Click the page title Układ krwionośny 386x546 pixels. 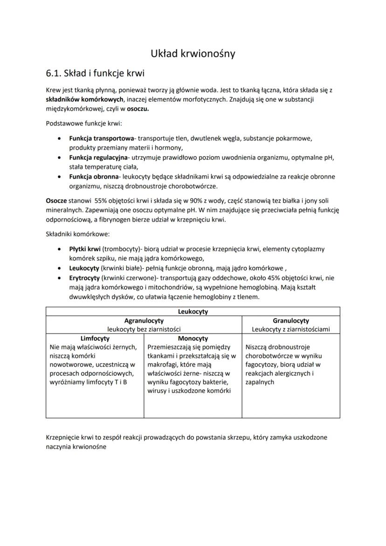193,54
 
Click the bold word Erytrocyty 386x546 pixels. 84,278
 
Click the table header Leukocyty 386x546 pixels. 193,311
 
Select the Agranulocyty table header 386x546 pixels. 144,321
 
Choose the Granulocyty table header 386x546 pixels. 290,321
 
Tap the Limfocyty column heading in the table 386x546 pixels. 95,339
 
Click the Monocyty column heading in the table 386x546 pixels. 193,339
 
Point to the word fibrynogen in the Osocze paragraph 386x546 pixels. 114,220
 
